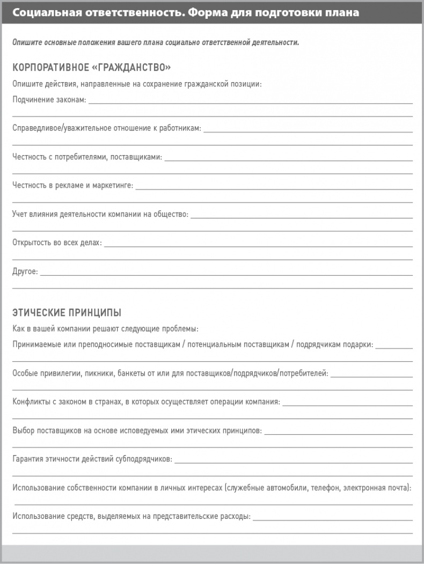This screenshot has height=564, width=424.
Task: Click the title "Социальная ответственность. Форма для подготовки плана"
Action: (186, 12)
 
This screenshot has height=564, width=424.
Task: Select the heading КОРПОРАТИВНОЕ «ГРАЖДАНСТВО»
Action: (91, 68)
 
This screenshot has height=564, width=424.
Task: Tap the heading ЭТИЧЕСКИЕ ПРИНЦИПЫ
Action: (67, 312)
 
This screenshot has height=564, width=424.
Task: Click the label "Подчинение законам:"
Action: (49, 100)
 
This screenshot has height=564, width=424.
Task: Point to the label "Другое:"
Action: (25, 272)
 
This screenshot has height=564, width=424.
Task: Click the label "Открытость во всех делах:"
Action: (57, 243)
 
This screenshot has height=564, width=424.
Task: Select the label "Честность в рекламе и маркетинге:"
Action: (72, 186)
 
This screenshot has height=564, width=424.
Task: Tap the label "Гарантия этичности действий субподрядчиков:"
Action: (92, 459)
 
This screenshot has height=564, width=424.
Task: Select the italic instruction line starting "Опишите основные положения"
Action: (156, 42)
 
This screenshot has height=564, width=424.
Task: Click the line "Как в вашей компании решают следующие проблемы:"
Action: (105, 328)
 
